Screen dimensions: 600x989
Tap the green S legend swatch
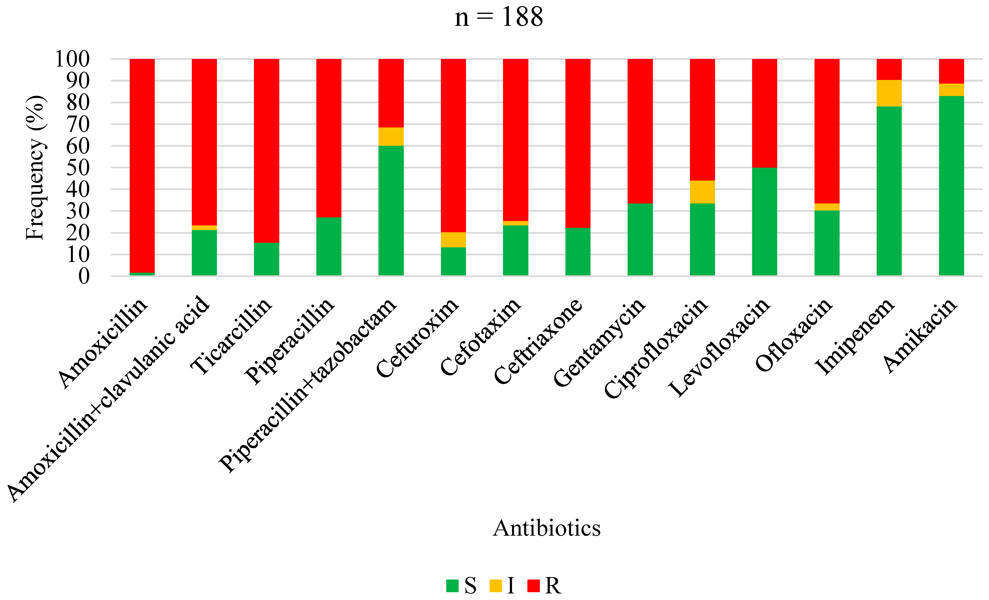452,586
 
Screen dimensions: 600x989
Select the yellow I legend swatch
496,586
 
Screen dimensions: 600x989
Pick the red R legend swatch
533,586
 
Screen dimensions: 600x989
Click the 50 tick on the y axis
78,168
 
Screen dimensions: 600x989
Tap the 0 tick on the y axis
84,276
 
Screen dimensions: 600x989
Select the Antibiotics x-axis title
547,528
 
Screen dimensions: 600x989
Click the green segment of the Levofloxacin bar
764,222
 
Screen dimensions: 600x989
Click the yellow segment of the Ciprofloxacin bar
702,192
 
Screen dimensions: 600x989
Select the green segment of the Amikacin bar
951,185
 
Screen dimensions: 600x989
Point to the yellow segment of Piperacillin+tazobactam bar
391,136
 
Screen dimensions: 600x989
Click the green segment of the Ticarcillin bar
267,259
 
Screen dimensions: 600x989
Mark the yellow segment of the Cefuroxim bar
453,240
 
